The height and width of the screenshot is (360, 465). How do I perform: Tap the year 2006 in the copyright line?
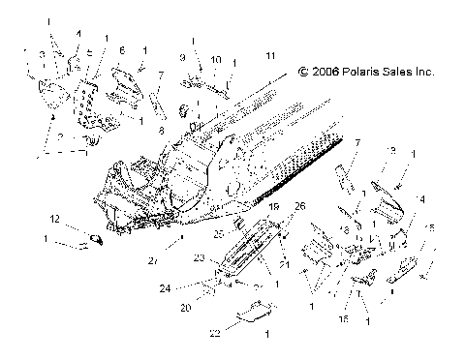326,71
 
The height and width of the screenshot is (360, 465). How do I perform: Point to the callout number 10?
216,59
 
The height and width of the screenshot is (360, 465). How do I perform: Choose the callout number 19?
248,234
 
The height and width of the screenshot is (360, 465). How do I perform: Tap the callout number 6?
122,47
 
